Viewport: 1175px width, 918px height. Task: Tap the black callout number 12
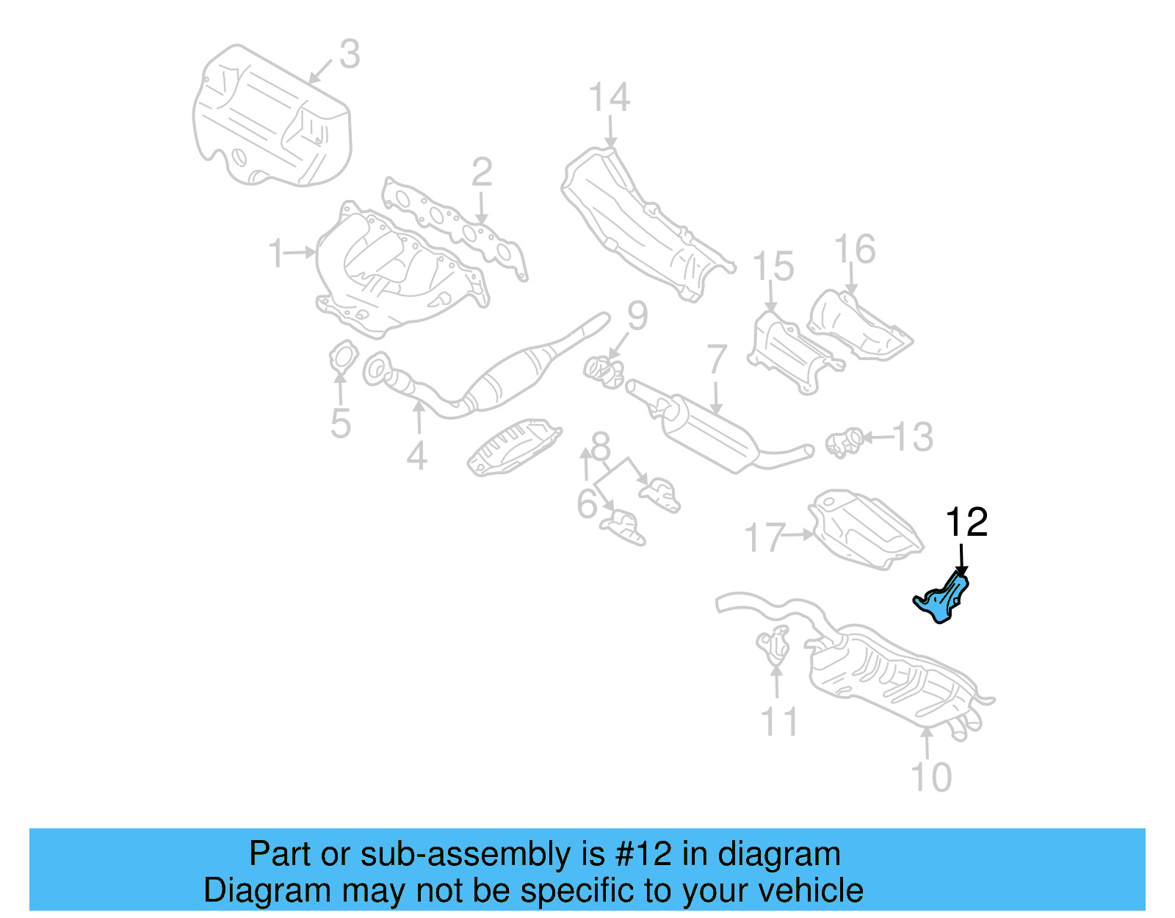pos(966,523)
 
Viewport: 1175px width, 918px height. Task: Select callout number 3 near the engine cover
pos(350,54)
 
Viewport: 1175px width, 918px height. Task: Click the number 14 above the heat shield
pos(610,98)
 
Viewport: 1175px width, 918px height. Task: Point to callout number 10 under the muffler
pos(930,777)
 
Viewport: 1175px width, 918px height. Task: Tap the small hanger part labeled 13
pos(844,442)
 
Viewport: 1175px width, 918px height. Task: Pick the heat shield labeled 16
pos(859,327)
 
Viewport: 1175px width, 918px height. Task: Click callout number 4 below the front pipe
pos(417,456)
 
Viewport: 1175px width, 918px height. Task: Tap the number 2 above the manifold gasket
pos(482,173)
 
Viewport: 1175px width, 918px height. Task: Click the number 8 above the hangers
pos(601,445)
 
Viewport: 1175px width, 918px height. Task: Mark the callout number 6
pos(587,504)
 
